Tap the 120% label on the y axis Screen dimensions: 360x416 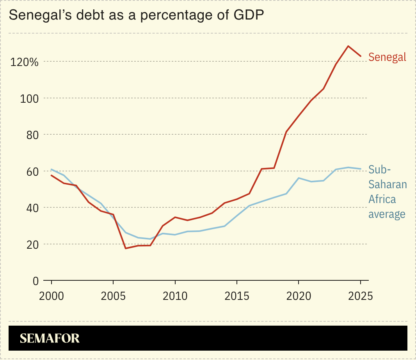(24, 62)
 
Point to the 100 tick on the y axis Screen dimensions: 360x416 (29, 98)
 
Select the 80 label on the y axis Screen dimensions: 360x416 (31, 135)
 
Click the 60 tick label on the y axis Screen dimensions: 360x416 (31, 171)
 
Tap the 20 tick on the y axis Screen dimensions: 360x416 (31, 244)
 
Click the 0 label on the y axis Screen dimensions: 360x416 (36, 280)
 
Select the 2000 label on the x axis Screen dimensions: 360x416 (52, 296)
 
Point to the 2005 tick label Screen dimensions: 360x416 (113, 296)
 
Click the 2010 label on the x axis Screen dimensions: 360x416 (175, 296)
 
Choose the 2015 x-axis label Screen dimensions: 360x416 (236, 296)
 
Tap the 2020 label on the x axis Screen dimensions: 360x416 (299, 296)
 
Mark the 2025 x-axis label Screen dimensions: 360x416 (360, 296)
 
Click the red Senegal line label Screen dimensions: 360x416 (387, 57)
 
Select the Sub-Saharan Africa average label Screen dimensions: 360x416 (388, 192)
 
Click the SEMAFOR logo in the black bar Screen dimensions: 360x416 (50, 338)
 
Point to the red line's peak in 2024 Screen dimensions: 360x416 (348, 46)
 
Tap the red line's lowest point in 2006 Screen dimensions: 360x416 (126, 248)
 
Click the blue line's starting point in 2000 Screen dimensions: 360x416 (52, 169)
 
